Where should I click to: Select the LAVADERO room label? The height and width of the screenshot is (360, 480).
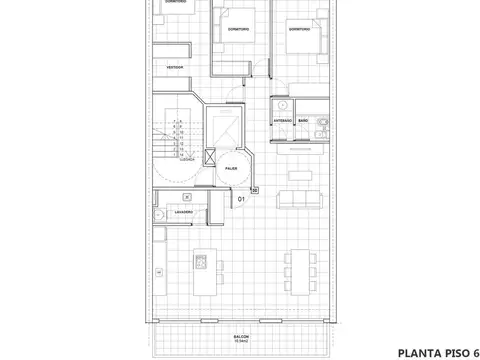183,212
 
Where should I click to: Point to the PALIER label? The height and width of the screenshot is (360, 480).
231,169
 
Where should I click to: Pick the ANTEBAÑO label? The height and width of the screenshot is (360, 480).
283,120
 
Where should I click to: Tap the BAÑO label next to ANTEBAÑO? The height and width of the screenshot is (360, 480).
304,120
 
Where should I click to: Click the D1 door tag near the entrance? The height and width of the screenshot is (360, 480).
241,199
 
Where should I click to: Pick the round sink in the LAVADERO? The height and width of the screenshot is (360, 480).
158,216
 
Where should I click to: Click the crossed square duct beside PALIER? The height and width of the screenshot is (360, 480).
209,156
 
